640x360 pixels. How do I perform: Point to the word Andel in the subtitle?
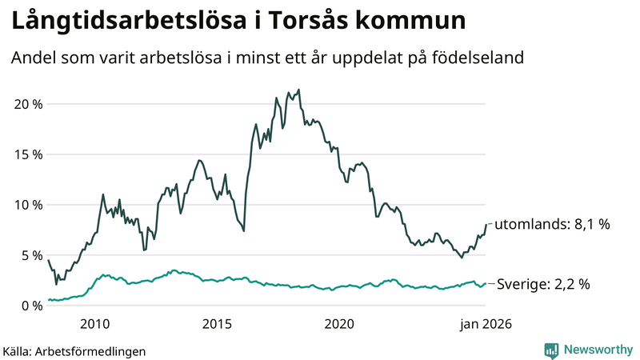tap(33, 58)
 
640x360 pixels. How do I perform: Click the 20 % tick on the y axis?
tap(26, 104)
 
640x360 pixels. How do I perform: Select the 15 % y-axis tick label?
tap(26, 154)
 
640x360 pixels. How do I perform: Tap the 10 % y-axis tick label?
tap(26, 205)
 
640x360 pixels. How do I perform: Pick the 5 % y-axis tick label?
tap(30, 255)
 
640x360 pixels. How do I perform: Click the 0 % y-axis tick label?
tap(30, 306)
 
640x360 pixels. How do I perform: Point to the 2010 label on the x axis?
tap(95, 324)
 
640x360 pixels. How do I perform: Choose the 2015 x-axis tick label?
tap(217, 324)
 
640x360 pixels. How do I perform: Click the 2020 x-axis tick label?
tap(339, 324)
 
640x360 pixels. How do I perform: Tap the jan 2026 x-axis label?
tap(485, 324)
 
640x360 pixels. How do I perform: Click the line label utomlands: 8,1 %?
tap(552, 225)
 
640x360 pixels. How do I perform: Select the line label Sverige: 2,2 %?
tap(544, 284)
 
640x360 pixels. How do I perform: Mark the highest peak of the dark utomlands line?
tap(298, 90)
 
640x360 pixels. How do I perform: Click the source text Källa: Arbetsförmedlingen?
tap(74, 350)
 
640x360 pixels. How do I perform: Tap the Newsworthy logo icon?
tap(551, 350)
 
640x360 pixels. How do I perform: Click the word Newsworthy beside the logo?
tap(596, 350)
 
